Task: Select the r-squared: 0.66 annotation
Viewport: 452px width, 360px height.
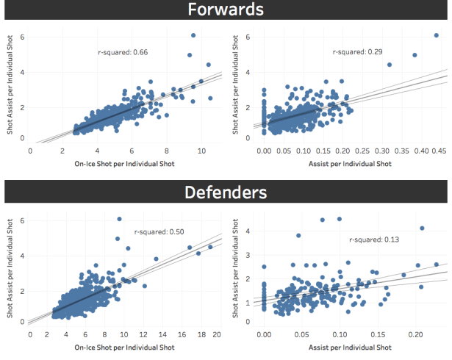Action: (x=123, y=52)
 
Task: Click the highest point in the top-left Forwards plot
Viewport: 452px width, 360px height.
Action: (x=193, y=35)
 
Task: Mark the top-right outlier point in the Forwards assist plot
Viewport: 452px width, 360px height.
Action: (x=437, y=35)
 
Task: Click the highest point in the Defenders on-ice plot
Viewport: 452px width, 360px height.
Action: (x=119, y=219)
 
